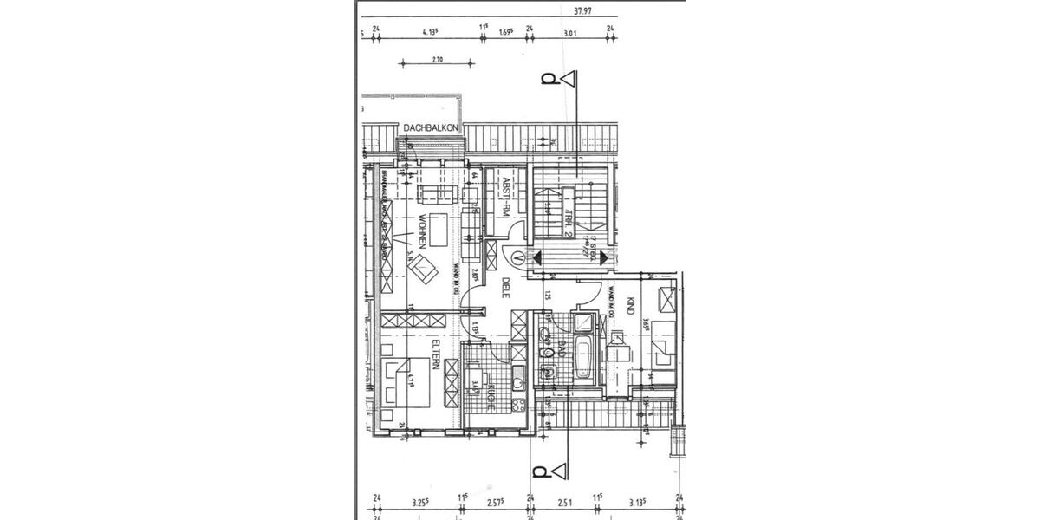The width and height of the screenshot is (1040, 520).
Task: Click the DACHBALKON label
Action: pos(431,128)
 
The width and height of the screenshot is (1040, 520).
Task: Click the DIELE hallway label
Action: pos(506,288)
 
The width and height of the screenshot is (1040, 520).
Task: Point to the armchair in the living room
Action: pos(424,269)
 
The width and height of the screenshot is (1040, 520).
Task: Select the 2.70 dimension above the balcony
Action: pos(437,60)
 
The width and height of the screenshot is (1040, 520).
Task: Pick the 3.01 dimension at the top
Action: pos(570,34)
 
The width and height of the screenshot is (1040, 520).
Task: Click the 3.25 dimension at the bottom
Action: pos(419,502)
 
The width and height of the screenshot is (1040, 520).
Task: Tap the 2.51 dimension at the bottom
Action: pos(565,502)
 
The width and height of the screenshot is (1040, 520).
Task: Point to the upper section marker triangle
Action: pos(568,80)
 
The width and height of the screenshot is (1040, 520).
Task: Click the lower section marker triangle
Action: pos(559,471)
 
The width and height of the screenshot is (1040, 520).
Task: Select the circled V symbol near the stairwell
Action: pos(518,257)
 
